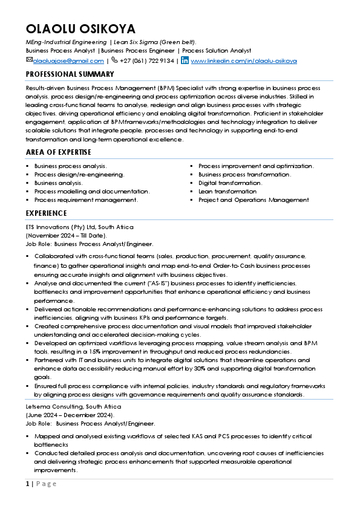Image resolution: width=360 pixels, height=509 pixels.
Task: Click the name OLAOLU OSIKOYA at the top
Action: [80, 29]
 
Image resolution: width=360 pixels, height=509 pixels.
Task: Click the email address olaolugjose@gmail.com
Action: [68, 61]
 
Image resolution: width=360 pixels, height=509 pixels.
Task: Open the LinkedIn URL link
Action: [244, 61]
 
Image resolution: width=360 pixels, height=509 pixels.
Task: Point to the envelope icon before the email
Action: [29, 60]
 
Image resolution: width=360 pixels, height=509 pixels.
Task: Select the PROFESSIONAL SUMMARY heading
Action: [70, 74]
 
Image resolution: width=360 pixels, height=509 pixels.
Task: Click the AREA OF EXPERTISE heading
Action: [59, 152]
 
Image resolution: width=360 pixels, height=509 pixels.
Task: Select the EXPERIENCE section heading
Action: [46, 213]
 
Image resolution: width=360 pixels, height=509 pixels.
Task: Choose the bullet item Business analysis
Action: [59, 183]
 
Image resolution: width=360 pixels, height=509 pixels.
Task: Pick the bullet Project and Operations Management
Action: [254, 199]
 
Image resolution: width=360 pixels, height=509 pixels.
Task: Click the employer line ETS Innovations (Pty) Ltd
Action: [79, 227]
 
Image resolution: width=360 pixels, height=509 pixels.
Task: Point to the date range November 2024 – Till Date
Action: [66, 235]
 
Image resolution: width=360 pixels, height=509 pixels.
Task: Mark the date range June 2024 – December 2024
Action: [70, 415]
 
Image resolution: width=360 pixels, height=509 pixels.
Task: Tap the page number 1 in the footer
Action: [27, 484]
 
